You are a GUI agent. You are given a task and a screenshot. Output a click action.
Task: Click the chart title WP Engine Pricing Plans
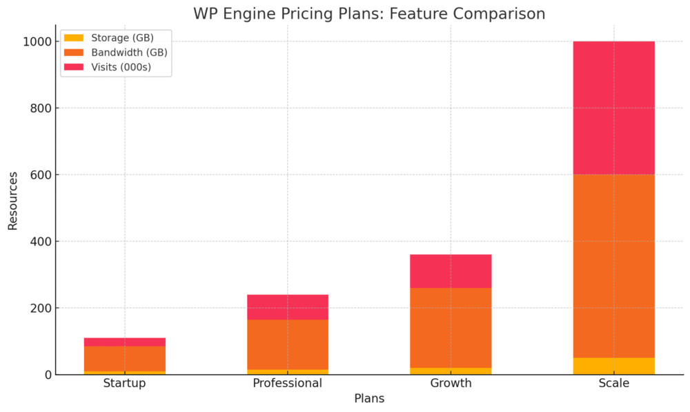tap(368, 14)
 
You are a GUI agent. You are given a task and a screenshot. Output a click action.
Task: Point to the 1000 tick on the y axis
tap(35, 42)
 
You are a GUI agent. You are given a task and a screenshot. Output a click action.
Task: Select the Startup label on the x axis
tap(124, 384)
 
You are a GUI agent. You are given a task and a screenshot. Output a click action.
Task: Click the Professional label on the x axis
tap(288, 384)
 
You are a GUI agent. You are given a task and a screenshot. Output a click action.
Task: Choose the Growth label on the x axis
tap(451, 384)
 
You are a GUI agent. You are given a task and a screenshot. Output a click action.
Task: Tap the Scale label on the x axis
tap(614, 384)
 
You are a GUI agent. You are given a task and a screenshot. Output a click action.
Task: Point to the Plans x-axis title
tap(369, 399)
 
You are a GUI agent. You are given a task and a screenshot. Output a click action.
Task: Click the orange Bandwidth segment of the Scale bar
tap(614, 266)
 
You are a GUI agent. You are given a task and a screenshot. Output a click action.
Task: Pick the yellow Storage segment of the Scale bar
tap(614, 366)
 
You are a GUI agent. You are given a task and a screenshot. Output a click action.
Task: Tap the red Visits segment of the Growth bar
tap(451, 271)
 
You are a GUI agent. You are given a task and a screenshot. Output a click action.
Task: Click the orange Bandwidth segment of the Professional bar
tap(288, 344)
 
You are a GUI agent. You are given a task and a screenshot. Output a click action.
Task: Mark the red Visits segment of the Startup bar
tap(124, 342)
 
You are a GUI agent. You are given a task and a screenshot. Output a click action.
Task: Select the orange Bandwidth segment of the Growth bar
tap(451, 328)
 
